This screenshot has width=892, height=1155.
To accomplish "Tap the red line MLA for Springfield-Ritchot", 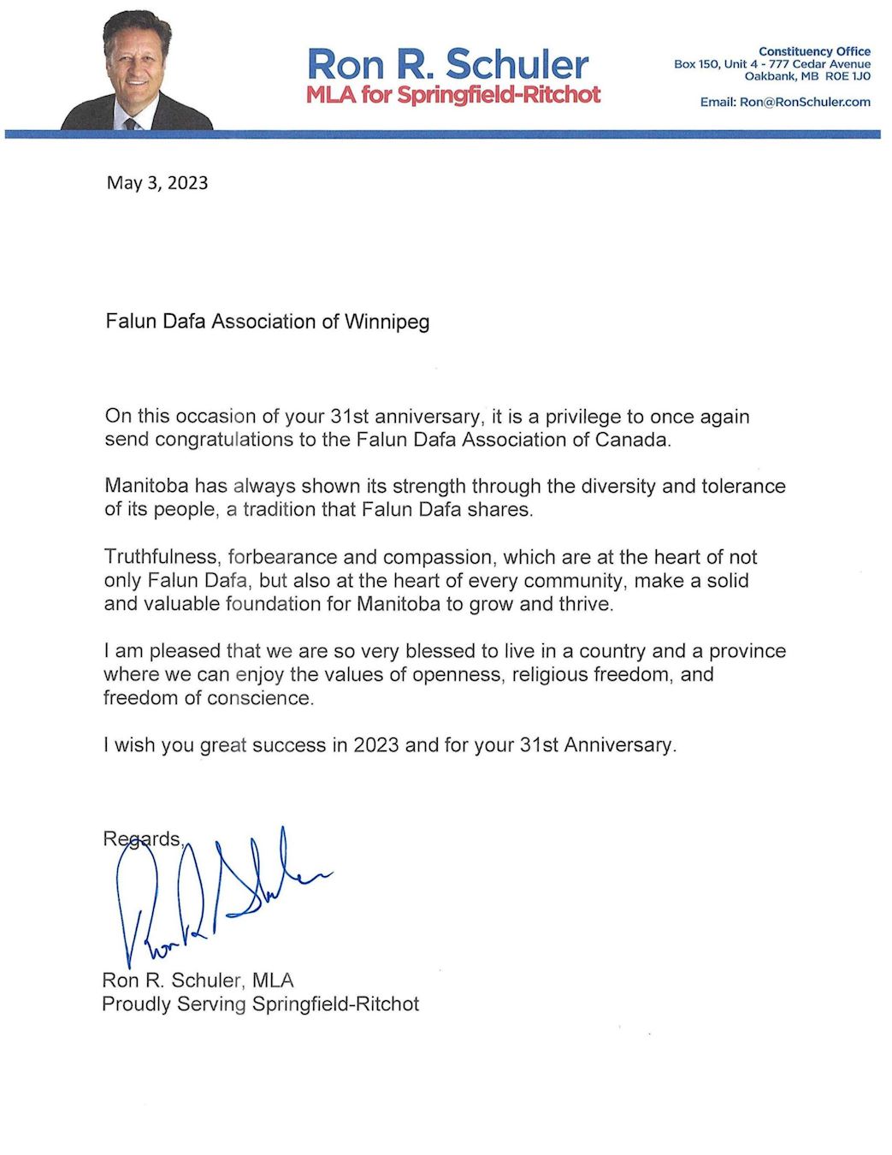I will pyautogui.click(x=453, y=94).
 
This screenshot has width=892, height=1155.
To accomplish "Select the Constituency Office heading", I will pyautogui.click(x=814, y=51).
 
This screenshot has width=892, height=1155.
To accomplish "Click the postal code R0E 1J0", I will pyautogui.click(x=848, y=76).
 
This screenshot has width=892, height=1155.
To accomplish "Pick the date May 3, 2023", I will pyautogui.click(x=157, y=182).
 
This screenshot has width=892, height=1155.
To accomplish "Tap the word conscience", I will pyautogui.click(x=260, y=698).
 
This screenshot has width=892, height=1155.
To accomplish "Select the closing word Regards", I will pyautogui.click(x=142, y=838).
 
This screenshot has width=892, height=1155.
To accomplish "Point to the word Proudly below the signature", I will pyautogui.click(x=136, y=1004).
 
